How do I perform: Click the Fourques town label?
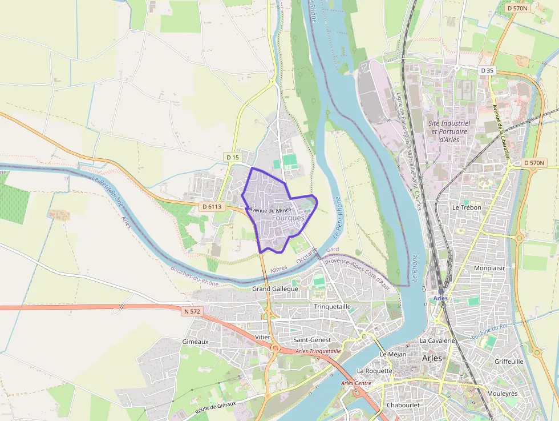[289, 218]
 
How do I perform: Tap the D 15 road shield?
[232, 157]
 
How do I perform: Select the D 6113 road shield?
[211, 206]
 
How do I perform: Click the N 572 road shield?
[193, 311]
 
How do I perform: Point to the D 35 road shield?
[487, 70]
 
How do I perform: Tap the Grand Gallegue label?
[275, 289]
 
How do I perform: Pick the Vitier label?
[263, 338]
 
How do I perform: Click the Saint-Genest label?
[311, 340]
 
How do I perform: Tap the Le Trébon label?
[467, 207]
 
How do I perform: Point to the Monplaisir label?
[490, 268]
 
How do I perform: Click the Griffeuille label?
[509, 362]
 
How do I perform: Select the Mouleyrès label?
[502, 394]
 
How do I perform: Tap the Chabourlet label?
[403, 405]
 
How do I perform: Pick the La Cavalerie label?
[437, 340]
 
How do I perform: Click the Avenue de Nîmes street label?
[270, 210]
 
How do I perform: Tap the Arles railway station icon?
[441, 291]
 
